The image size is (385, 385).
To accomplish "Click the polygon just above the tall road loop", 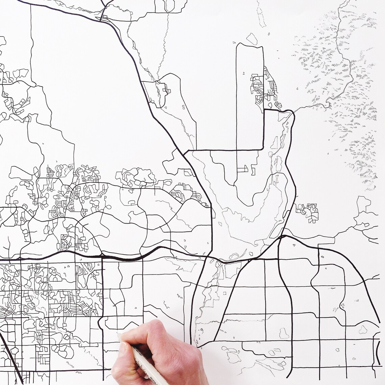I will pos(252,38).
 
